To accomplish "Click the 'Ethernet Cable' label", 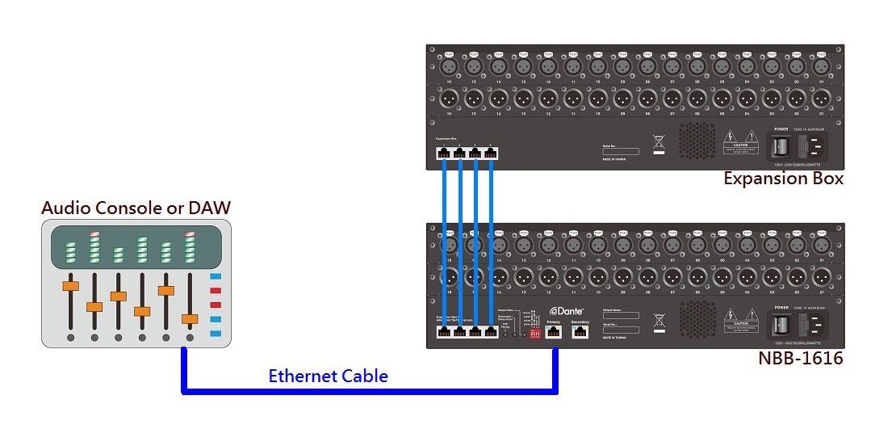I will pos(328,376).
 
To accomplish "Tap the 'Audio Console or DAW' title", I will pos(136,208).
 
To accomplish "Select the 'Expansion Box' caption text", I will pos(783,179).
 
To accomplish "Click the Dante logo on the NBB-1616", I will pos(566,310).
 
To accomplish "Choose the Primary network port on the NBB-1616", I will pos(553,331).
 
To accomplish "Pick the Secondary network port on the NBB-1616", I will pos(580,331).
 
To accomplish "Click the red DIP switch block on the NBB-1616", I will pos(534,333).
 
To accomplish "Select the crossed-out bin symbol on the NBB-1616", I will pos(659,321).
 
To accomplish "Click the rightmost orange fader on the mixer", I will pos(190,319).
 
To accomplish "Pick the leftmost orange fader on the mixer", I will pos(71,285).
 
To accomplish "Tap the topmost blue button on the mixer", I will pos(216,277).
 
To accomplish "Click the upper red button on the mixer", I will pos(216,291).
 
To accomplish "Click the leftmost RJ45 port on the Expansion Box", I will pos(444,154).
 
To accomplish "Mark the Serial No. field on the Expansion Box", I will pos(620,151).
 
